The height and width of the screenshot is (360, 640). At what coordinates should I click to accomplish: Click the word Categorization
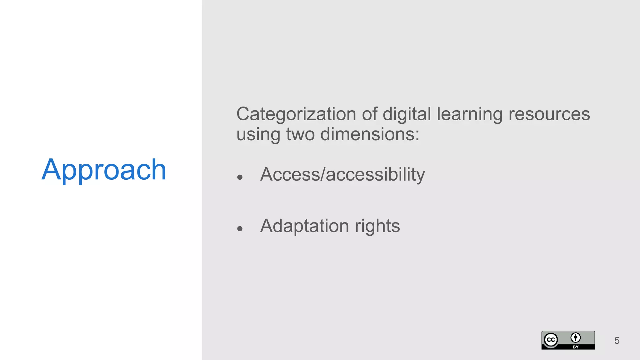(x=296, y=114)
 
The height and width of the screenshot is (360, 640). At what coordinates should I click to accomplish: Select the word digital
(x=407, y=114)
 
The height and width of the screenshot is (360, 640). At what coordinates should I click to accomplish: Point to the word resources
(x=549, y=114)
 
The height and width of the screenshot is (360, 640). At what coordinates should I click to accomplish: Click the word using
(x=258, y=135)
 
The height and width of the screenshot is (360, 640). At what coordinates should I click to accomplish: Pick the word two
(x=300, y=134)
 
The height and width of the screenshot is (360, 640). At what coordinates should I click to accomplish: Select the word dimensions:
(x=370, y=134)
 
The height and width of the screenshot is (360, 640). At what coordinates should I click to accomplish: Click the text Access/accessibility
(x=342, y=174)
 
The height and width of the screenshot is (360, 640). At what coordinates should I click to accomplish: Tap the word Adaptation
(x=304, y=226)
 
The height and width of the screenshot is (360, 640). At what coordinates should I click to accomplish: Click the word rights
(x=377, y=226)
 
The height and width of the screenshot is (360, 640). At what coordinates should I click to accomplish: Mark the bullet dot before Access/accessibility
(x=240, y=177)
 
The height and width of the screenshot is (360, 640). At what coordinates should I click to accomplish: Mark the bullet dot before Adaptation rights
(x=240, y=229)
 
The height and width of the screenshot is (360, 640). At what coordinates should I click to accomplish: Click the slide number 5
(x=617, y=340)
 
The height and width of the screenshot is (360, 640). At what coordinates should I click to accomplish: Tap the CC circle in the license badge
(x=551, y=340)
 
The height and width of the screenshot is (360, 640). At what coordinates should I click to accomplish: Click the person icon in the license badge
(x=576, y=337)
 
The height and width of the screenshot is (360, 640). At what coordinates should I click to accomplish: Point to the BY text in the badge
(x=576, y=347)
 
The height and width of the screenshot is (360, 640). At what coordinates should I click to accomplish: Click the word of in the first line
(x=369, y=114)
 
